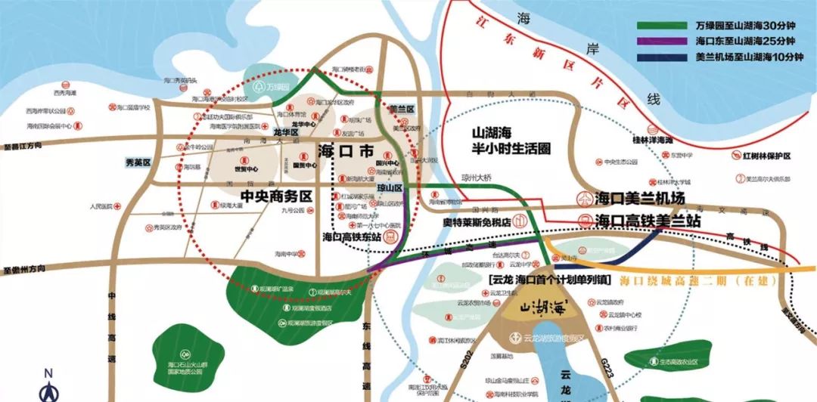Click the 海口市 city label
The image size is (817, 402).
click(346, 150)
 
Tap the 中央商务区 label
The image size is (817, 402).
click(276, 196)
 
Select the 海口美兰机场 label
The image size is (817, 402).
click(639, 199)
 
